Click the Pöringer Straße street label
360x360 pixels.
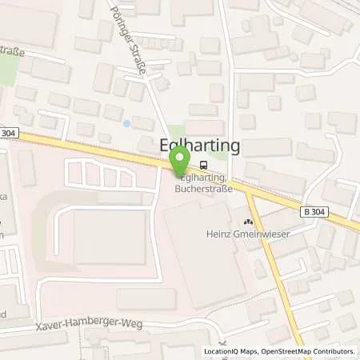click(135, 50)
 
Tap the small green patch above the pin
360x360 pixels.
click(178, 130)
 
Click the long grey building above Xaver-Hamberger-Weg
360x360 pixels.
click(146, 299)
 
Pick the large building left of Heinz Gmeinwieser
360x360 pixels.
click(204, 248)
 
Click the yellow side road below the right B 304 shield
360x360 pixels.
click(280, 264)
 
